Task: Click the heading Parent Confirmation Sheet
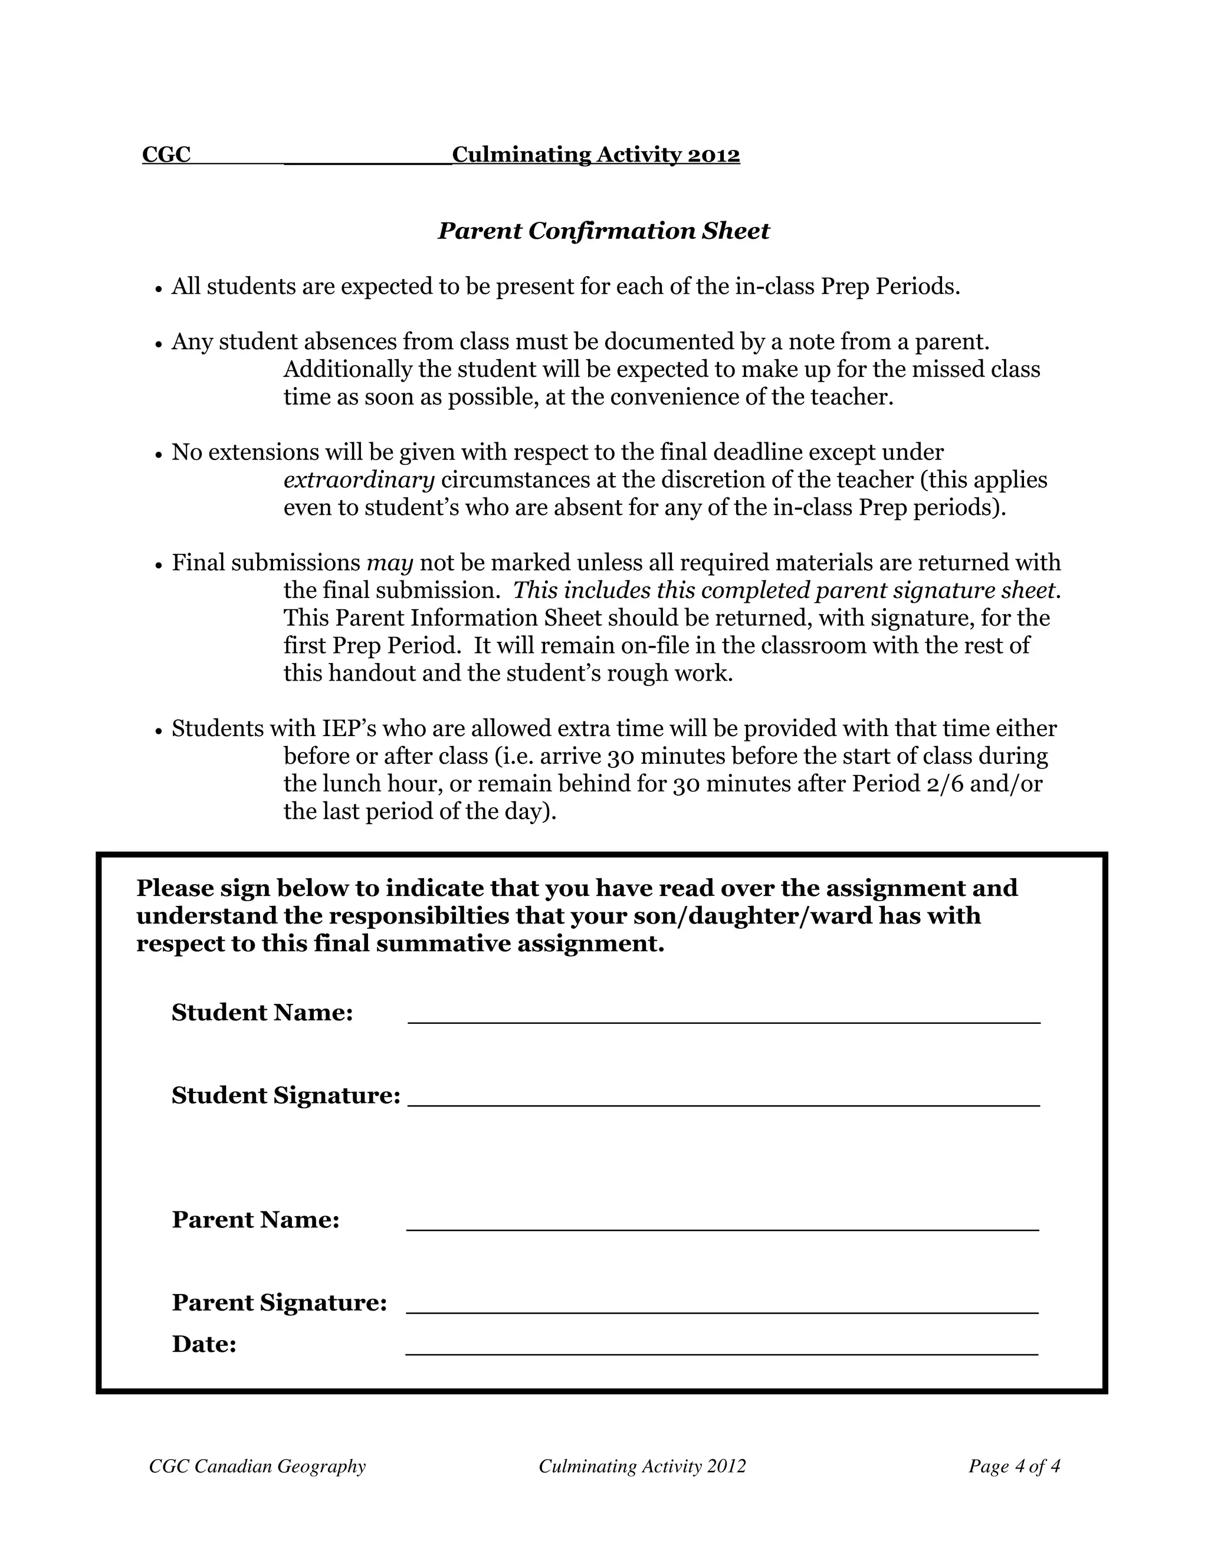(603, 231)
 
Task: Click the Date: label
(204, 1345)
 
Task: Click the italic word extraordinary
(359, 480)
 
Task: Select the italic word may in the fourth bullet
(390, 564)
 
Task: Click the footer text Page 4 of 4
(1014, 1466)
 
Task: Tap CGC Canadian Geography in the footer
(258, 1466)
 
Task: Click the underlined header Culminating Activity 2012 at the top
(596, 155)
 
